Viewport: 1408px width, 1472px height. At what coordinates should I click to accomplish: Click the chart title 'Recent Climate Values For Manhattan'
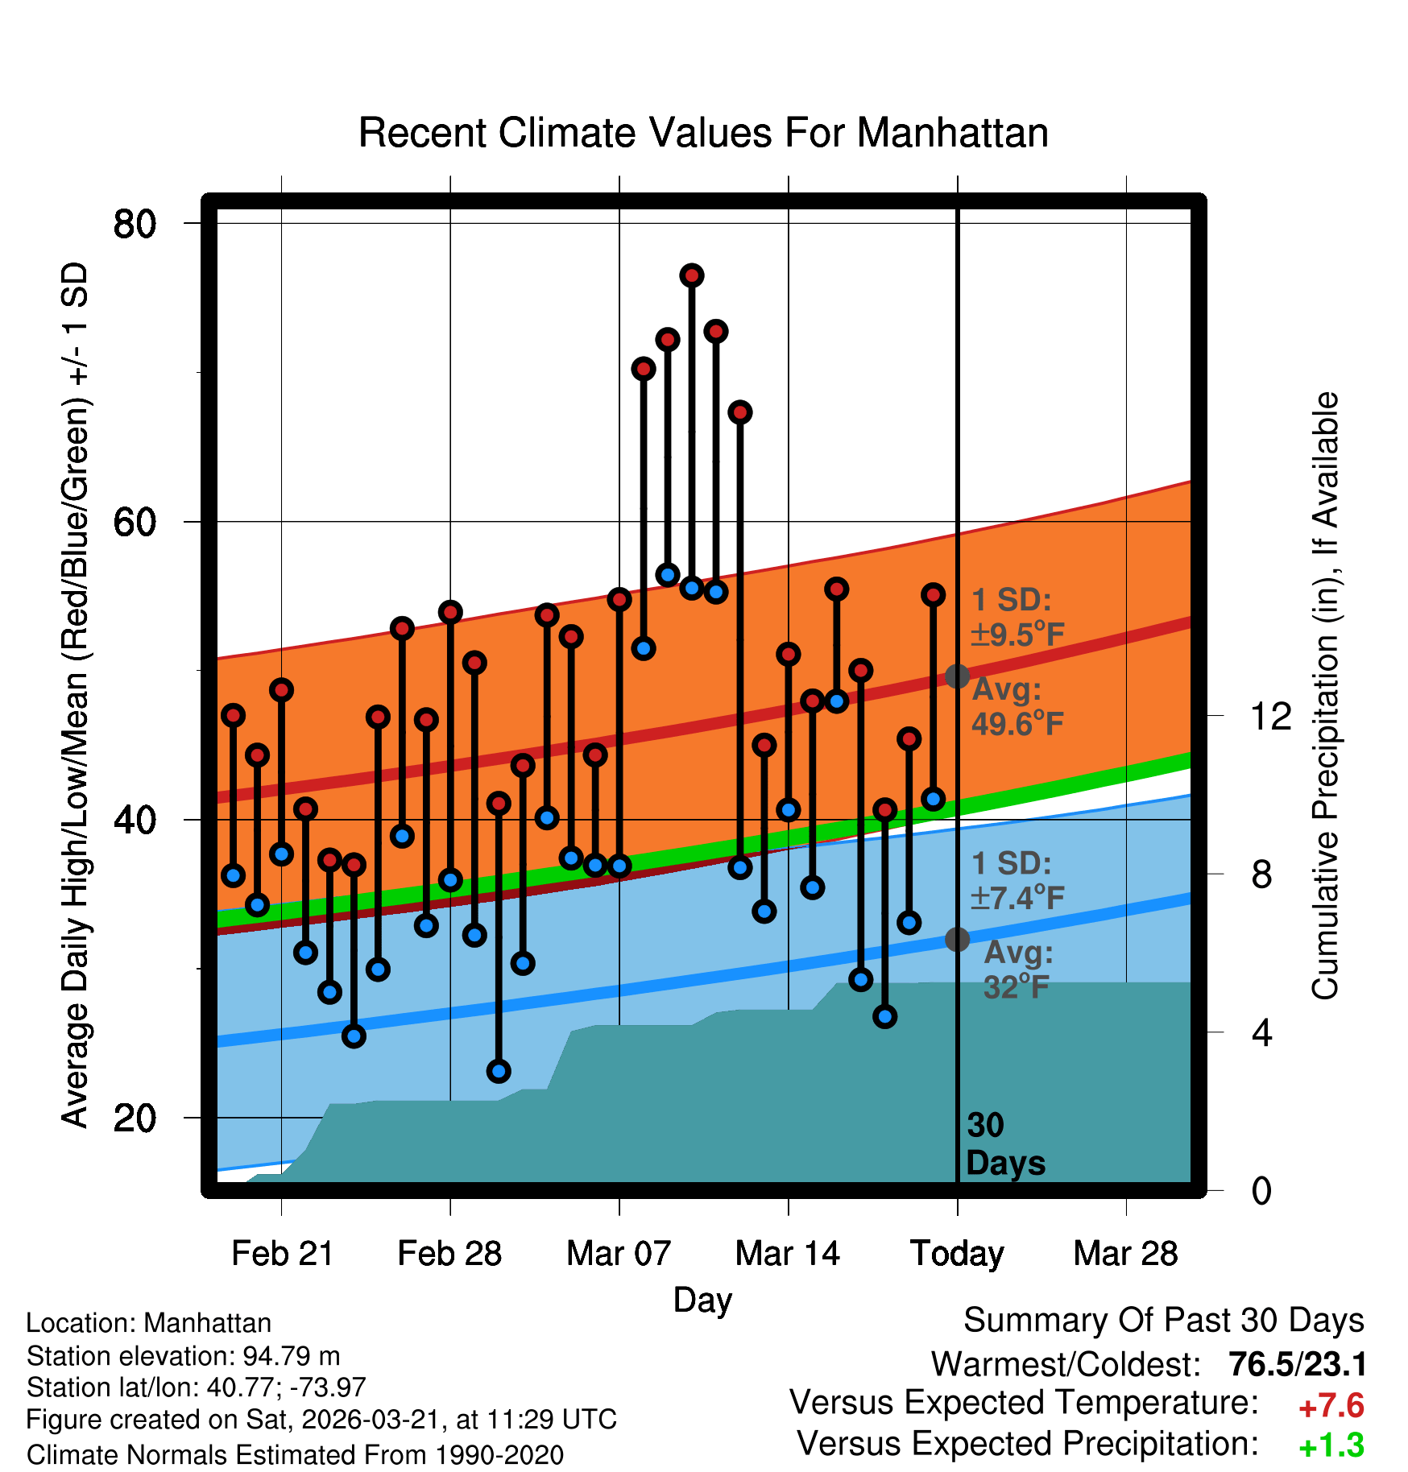point(703,133)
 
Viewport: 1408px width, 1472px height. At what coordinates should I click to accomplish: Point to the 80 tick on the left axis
point(135,223)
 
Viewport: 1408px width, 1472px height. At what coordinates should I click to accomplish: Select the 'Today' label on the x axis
point(957,1253)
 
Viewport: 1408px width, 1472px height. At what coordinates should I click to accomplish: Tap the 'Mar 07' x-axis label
point(619,1253)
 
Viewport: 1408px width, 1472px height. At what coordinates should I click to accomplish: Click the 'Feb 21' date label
point(282,1253)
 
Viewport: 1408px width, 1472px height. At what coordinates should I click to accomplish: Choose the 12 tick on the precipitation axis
point(1270,716)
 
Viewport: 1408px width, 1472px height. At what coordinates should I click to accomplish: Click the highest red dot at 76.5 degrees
point(692,275)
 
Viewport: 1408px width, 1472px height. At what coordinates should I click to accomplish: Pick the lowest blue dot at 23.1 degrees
point(499,1071)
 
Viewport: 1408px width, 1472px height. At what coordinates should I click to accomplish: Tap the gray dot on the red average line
point(957,676)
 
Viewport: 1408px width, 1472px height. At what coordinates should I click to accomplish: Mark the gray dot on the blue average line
point(957,939)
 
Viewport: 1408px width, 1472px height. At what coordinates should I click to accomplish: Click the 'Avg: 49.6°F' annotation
point(1017,707)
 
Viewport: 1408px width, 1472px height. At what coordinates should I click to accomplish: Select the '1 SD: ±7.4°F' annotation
point(1017,880)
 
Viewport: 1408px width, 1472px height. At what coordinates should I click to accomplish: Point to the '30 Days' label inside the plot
point(1004,1144)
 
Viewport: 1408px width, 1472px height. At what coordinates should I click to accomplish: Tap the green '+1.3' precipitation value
point(1331,1445)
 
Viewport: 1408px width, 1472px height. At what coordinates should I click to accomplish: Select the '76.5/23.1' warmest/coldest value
point(1297,1365)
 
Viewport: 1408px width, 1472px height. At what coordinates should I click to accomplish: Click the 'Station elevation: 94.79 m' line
point(183,1356)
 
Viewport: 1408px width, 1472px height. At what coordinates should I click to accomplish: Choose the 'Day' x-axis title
point(702,1300)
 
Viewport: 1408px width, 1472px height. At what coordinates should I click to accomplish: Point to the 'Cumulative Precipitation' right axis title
point(1325,696)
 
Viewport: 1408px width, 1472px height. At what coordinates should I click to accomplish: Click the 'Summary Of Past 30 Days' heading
point(1163,1321)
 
